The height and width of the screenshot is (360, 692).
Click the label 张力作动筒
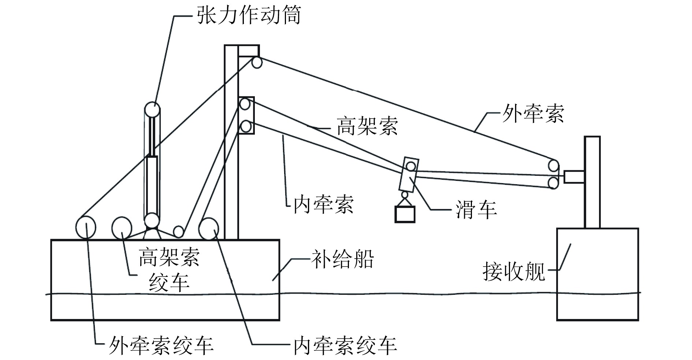tap(249, 15)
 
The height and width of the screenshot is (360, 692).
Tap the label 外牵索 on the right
tap(532, 114)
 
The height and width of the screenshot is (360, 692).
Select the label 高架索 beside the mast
tap(367, 126)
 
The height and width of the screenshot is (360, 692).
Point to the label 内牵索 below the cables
tap(323, 204)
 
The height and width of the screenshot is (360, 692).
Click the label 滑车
tap(476, 209)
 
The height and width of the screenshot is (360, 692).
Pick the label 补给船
tap(342, 259)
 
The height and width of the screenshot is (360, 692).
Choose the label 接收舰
tap(514, 271)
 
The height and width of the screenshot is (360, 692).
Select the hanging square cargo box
tap(405, 214)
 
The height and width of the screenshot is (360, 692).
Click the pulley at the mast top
tap(257, 63)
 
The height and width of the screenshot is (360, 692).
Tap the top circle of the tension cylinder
tap(152, 109)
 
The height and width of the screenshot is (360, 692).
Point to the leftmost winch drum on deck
tap(86, 227)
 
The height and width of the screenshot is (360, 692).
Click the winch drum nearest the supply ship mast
tap(209, 229)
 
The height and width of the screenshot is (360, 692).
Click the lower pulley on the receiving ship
tap(553, 183)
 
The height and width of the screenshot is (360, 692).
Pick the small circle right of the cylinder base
tap(178, 231)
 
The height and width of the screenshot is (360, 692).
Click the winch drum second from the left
tap(122, 227)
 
